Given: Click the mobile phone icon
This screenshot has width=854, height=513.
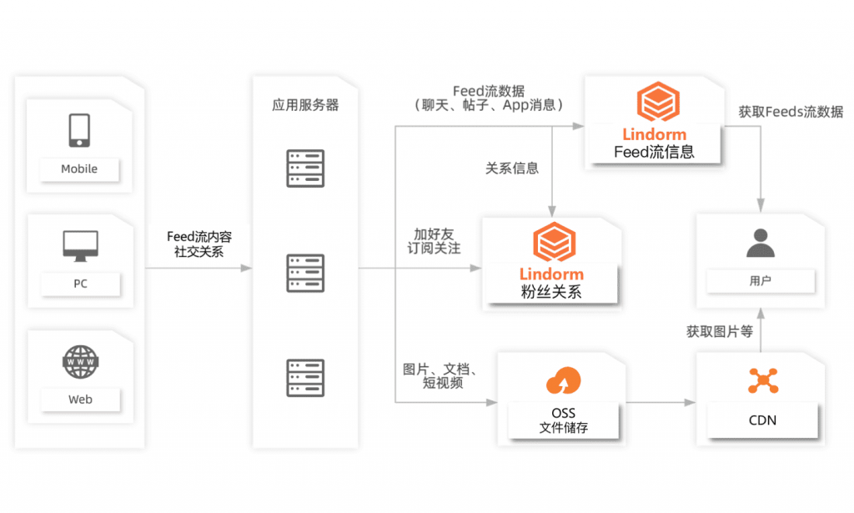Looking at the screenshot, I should click(x=80, y=130).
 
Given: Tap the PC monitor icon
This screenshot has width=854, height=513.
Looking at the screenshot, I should click(x=80, y=244).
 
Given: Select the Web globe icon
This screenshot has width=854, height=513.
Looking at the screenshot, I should click(x=80, y=361).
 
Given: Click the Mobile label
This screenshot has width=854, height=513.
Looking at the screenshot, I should click(x=79, y=169).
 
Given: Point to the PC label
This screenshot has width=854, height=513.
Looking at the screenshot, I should click(x=80, y=284).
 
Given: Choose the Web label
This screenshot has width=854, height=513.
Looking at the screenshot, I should click(x=80, y=400).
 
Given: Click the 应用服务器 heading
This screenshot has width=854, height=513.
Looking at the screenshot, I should click(x=305, y=106).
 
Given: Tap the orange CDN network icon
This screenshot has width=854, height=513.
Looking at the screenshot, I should click(x=762, y=380).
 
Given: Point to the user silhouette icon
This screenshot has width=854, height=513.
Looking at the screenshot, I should click(x=761, y=243).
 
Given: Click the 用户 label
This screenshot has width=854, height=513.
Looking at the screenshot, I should click(x=761, y=281).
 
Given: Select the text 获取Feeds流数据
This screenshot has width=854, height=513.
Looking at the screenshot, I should click(x=791, y=112).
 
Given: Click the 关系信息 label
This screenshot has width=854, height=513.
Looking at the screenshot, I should click(x=512, y=168).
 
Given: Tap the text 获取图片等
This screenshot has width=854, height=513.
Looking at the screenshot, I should click(x=720, y=332).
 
